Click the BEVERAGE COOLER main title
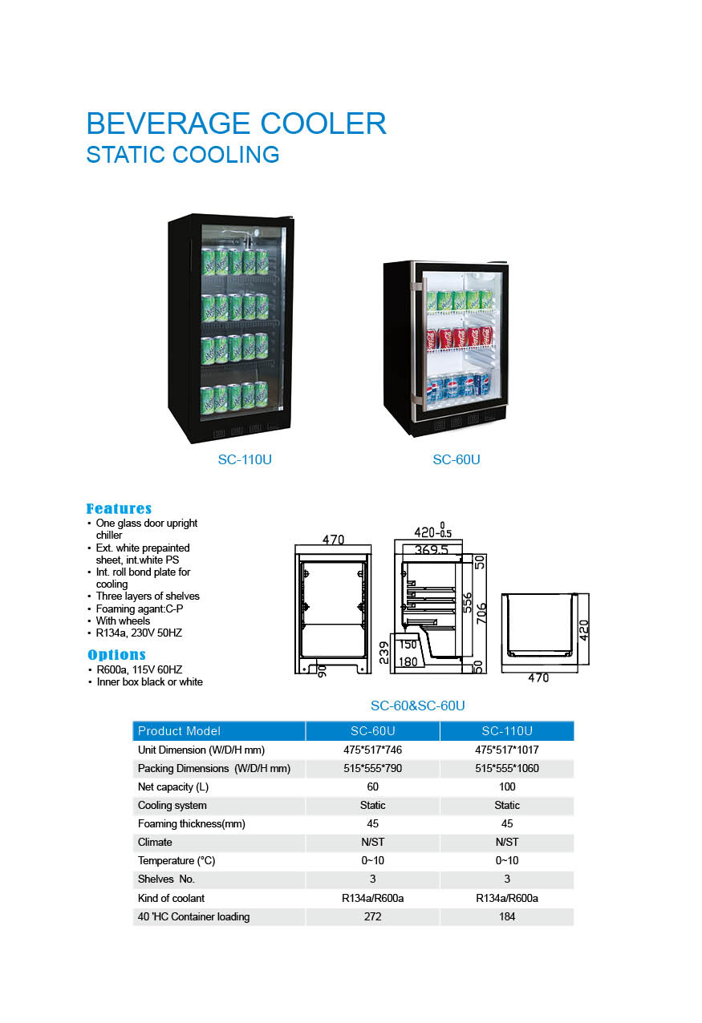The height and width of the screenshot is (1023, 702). (237, 123)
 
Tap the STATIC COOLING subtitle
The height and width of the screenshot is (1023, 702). (183, 155)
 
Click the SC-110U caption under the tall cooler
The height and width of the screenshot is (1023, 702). (245, 459)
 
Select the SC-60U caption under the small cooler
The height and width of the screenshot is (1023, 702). (457, 459)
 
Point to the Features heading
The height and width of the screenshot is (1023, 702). (119, 508)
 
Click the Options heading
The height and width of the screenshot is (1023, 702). (116, 654)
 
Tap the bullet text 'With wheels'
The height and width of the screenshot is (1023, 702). (123, 621)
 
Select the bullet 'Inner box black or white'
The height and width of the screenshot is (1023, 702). (149, 681)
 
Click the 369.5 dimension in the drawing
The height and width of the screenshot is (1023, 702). (432, 549)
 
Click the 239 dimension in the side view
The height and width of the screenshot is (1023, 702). (384, 652)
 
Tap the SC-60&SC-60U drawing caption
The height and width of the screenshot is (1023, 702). (418, 706)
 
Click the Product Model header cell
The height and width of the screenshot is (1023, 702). (179, 731)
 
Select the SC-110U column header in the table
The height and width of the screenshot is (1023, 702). (507, 731)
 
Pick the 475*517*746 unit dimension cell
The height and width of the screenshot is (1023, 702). (372, 750)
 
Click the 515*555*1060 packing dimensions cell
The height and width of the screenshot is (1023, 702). (507, 768)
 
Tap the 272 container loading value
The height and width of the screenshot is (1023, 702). (372, 916)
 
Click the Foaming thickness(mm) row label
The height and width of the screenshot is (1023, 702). (192, 824)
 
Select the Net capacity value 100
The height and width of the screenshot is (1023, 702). (507, 786)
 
